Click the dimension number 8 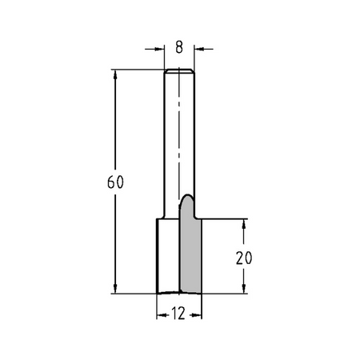click(179, 47)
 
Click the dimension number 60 click(115, 182)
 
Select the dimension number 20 click(244, 258)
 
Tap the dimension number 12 click(178, 314)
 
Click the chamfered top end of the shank click(179, 70)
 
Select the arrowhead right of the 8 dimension click(198, 49)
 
